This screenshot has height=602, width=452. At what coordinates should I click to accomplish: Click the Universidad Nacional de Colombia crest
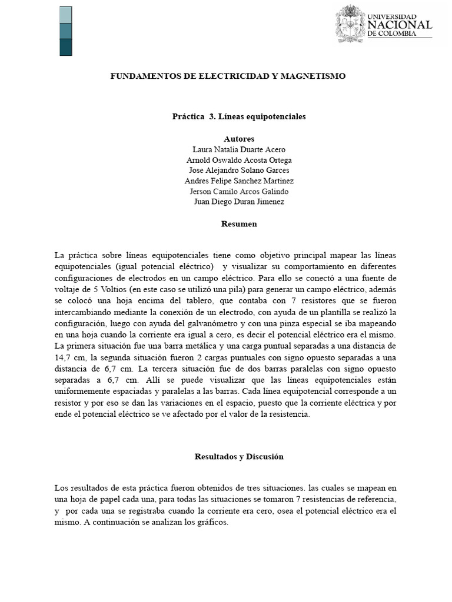[x=350, y=24]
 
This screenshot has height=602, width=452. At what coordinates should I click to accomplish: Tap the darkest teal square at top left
[x=66, y=48]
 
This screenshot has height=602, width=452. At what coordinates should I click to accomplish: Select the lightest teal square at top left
[x=66, y=15]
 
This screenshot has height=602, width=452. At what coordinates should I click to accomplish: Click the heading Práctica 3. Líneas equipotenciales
[x=239, y=117]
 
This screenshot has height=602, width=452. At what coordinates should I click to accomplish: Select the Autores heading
[x=239, y=139]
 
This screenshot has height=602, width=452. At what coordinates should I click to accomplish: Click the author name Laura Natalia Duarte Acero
[x=239, y=150]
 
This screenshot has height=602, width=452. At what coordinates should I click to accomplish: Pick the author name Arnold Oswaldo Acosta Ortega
[x=239, y=160]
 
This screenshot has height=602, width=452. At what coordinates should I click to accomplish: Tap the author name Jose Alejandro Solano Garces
[x=239, y=170]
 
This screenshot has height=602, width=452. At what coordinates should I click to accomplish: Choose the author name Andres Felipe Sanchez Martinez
[x=239, y=181]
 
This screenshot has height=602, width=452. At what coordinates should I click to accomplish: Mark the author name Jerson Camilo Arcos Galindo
[x=239, y=192]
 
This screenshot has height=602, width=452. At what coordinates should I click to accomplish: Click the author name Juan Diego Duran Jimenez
[x=239, y=202]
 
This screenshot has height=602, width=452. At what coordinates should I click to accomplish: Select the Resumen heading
[x=239, y=224]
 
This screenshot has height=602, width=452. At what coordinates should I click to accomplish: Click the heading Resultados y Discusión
[x=239, y=457]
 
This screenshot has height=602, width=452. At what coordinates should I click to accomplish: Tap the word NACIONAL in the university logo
[x=400, y=25]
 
